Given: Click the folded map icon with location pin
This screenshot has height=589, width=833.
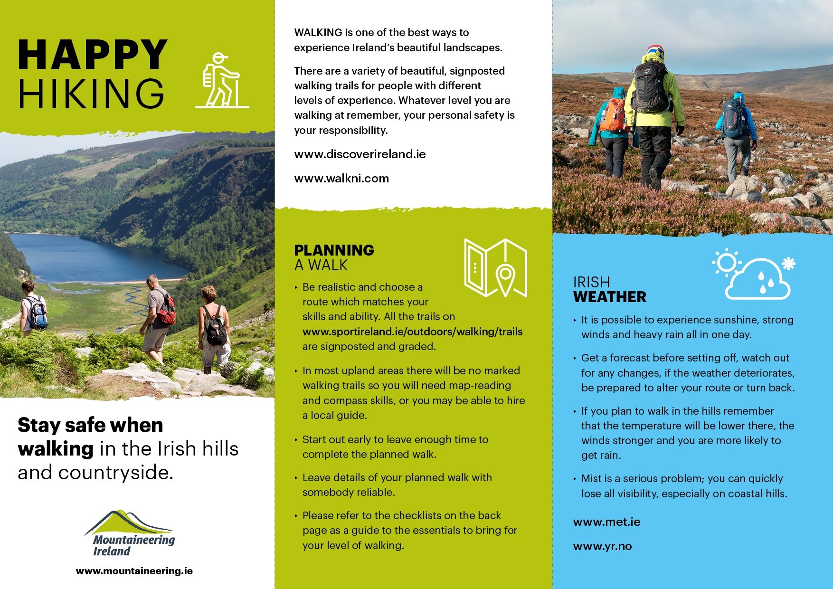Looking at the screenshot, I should [x=495, y=268].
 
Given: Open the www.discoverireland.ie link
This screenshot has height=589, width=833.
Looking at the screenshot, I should [x=360, y=154].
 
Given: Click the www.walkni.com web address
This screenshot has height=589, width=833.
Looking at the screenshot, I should [x=341, y=179].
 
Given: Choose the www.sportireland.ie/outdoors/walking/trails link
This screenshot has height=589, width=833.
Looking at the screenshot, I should [x=412, y=332].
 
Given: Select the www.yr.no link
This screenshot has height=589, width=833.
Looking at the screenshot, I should [x=602, y=546].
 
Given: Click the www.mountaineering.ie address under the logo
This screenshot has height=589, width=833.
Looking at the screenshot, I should [x=134, y=571].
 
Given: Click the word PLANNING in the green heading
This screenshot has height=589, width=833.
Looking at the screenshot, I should [x=334, y=250].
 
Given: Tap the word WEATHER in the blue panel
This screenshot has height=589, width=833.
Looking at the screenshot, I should [x=609, y=297].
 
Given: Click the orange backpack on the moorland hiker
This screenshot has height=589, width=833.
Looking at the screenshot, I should [x=613, y=115].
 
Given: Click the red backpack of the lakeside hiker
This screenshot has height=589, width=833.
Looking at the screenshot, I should [x=167, y=311].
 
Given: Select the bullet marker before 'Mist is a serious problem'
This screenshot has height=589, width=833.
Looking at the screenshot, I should [x=575, y=479].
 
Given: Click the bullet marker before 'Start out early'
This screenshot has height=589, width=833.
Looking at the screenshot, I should [x=296, y=440].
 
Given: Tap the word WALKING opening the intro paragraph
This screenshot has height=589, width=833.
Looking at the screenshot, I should [x=318, y=33].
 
